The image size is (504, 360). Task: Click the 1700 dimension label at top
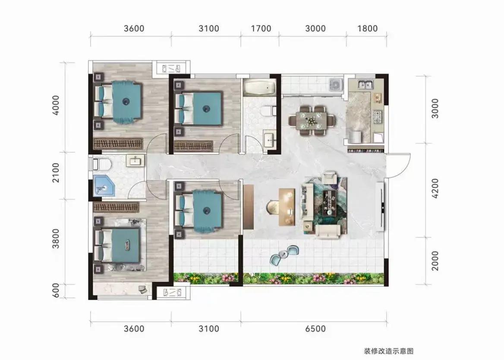point(261,28)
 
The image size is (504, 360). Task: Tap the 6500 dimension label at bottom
point(315,329)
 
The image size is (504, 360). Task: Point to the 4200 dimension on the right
point(435,188)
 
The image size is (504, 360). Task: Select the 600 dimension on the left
point(56,290)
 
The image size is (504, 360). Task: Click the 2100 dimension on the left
point(56,173)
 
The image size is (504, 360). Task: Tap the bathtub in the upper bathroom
point(260,88)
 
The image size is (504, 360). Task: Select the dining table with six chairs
point(312,121)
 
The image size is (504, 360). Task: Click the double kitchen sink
point(366,85)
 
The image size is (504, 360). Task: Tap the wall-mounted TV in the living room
point(380,207)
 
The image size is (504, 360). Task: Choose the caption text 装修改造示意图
point(388,351)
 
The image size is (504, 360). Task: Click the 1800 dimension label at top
point(367,28)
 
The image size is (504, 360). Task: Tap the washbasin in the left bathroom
point(135,160)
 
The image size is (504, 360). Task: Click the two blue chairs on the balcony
point(284,254)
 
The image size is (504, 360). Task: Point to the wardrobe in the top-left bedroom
point(118,143)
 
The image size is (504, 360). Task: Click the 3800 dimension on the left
point(56,238)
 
